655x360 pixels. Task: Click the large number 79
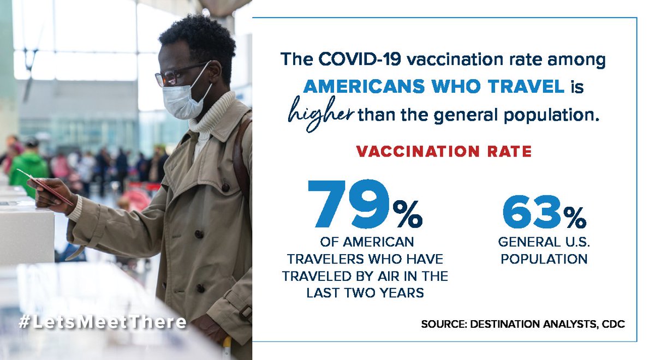pos(348,204)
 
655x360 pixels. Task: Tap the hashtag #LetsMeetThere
pos(102,322)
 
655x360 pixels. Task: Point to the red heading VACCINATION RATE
pos(444,152)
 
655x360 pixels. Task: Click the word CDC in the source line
pos(612,324)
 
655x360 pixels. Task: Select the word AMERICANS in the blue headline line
pos(359,87)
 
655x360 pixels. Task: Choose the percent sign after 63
pos(575,218)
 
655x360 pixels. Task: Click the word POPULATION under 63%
pos(544,258)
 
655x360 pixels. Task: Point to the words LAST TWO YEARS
pos(365,292)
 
